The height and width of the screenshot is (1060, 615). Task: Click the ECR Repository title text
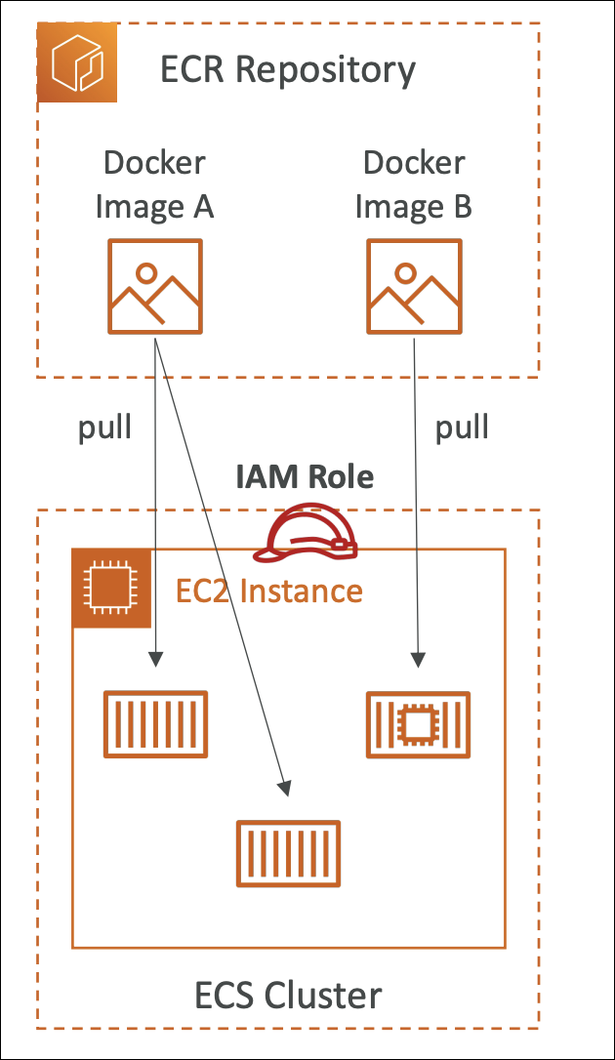pyautogui.click(x=288, y=70)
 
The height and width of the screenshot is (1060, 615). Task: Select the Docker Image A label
pyautogui.click(x=155, y=184)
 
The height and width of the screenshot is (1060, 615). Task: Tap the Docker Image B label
pyautogui.click(x=414, y=184)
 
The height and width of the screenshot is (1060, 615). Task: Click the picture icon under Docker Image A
pyautogui.click(x=155, y=287)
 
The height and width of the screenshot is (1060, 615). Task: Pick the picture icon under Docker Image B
pyautogui.click(x=414, y=287)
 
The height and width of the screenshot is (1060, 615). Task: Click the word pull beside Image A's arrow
pyautogui.click(x=104, y=428)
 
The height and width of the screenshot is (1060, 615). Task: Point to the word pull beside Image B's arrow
pyautogui.click(x=462, y=428)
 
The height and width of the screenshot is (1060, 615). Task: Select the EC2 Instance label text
pyautogui.click(x=269, y=591)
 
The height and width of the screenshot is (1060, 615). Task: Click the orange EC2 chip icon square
pyautogui.click(x=111, y=588)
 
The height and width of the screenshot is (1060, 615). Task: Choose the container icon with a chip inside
pyautogui.click(x=418, y=725)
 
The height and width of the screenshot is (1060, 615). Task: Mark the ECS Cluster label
pyautogui.click(x=288, y=996)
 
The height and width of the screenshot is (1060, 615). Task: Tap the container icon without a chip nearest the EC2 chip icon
pyautogui.click(x=155, y=725)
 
